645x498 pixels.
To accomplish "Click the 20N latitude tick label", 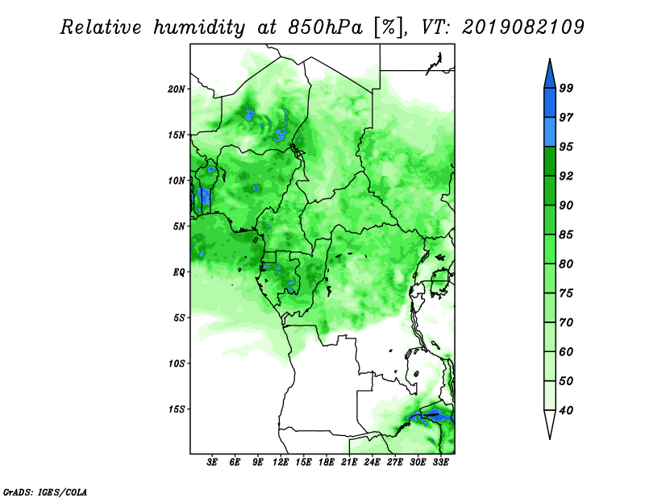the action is click(177, 89).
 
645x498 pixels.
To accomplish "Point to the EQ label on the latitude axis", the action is click(179, 272).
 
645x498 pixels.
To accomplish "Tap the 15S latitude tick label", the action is click(177, 409).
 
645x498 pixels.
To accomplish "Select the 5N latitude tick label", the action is click(179, 226).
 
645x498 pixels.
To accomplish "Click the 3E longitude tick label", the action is click(212, 463).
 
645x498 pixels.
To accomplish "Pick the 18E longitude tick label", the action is click(327, 463).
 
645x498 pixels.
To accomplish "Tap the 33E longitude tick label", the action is click(440, 463).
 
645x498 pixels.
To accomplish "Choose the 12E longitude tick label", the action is click(281, 463).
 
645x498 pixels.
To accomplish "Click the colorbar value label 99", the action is click(566, 88).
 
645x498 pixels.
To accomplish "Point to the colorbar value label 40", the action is click(566, 410).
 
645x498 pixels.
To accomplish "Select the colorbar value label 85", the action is click(566, 234).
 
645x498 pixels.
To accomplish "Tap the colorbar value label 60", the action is click(566, 352).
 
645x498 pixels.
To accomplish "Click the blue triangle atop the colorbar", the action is click(550, 76).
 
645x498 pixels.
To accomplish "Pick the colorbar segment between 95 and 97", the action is click(550, 132).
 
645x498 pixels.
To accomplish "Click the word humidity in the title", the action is click(199, 27).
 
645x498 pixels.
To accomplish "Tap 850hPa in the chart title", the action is click(326, 27).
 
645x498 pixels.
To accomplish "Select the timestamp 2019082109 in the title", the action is click(522, 27).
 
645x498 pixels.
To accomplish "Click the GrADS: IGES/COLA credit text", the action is click(45, 492).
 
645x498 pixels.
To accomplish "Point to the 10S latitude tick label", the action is click(177, 364).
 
